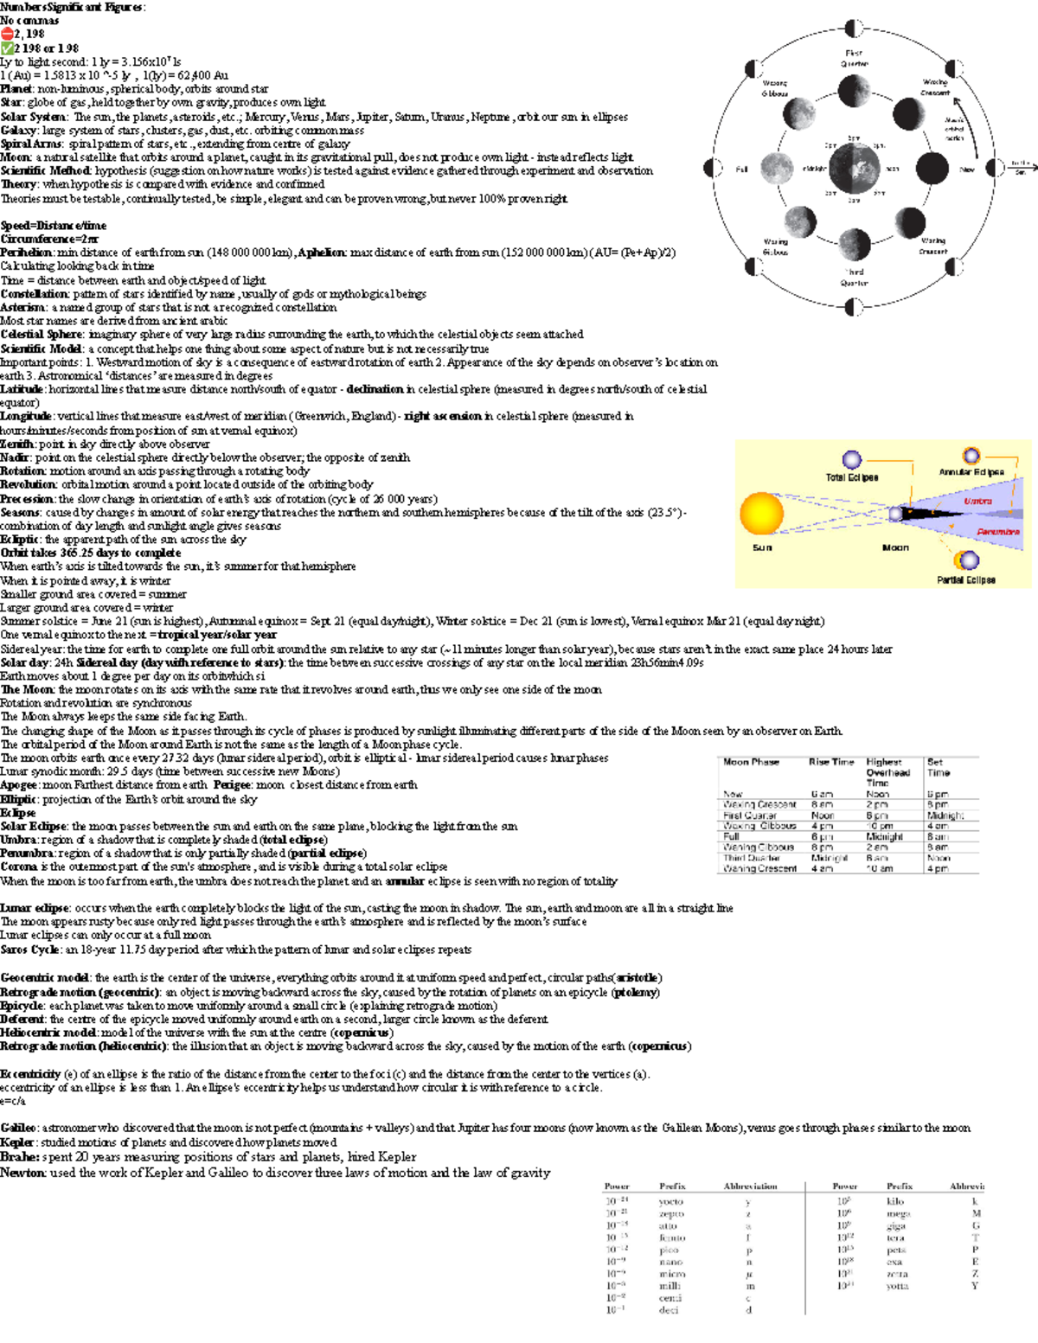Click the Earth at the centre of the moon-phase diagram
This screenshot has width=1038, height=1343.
tap(853, 168)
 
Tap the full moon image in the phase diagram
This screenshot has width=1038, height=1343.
tap(774, 169)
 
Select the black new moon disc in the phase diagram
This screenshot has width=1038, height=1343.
tap(932, 169)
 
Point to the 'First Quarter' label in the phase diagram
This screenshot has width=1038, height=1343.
tap(854, 58)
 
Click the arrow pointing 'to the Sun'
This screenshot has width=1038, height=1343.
tap(1022, 164)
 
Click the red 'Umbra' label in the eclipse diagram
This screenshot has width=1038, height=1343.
tap(977, 501)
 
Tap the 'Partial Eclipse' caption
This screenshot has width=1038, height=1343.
tap(965, 579)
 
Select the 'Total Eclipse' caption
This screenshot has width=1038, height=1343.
tap(851, 477)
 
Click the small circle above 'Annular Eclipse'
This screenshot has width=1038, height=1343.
tap(971, 456)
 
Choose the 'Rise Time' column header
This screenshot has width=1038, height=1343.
tap(831, 762)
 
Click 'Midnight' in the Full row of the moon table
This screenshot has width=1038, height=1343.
tap(884, 836)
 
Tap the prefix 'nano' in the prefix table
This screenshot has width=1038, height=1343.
tap(670, 1262)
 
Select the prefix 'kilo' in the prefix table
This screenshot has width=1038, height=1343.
tap(895, 1201)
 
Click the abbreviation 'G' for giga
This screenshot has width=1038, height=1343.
tap(976, 1225)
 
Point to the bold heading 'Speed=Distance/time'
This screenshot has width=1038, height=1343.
tap(54, 226)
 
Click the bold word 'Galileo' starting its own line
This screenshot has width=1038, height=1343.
tap(18, 1128)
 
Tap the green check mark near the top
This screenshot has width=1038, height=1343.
tap(7, 48)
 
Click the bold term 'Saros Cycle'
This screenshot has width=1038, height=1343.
tap(31, 950)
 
